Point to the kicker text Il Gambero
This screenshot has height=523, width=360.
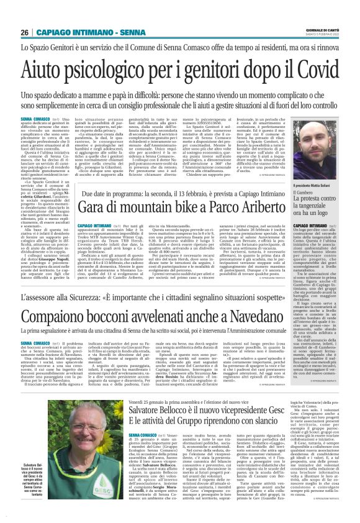tap(303, 178)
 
